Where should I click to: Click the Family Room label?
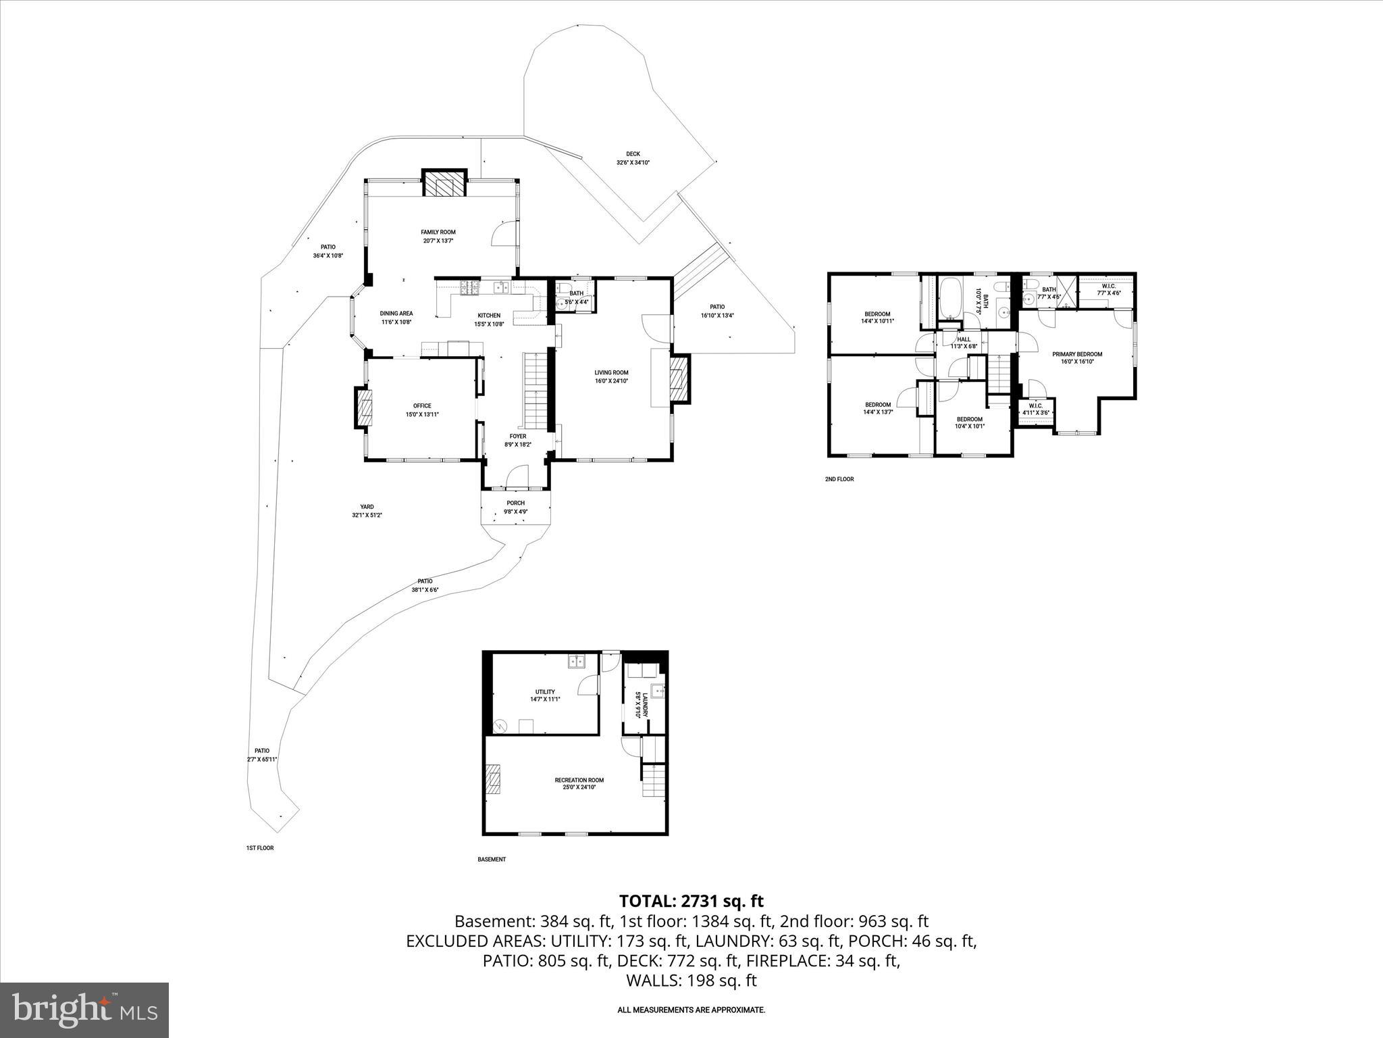(438, 232)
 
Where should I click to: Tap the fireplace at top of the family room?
(444, 183)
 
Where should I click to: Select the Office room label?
(422, 406)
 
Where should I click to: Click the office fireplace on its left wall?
(364, 407)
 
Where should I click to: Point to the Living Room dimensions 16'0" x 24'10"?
(611, 381)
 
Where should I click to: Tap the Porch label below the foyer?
(515, 503)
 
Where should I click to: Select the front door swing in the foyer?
(517, 477)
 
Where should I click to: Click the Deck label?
(633, 154)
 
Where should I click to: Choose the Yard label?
(367, 507)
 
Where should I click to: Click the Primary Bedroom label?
(1077, 354)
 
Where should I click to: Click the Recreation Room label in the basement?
(579, 780)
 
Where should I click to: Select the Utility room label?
(545, 691)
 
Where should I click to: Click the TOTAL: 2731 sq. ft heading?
(691, 901)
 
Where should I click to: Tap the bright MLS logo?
(84, 1010)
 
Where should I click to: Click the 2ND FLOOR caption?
(839, 479)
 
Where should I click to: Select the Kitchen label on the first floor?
(489, 316)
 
